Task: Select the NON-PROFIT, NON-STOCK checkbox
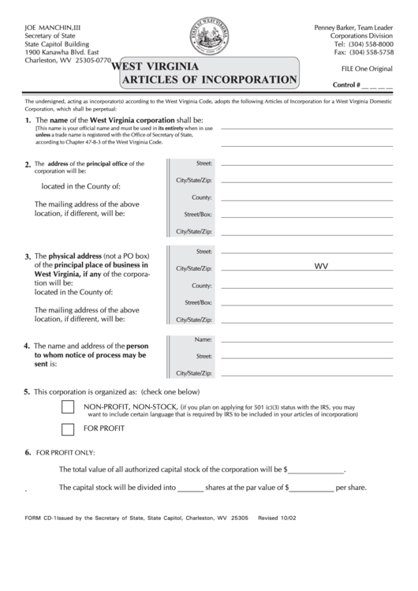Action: (68, 407)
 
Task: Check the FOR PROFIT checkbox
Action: (68, 429)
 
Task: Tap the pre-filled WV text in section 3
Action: (321, 267)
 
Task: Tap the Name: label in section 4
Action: (203, 339)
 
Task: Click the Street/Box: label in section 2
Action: (198, 215)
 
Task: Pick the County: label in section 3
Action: (201, 286)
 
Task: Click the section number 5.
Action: (27, 391)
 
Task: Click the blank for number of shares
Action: (190, 488)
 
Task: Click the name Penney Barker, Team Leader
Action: (354, 27)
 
